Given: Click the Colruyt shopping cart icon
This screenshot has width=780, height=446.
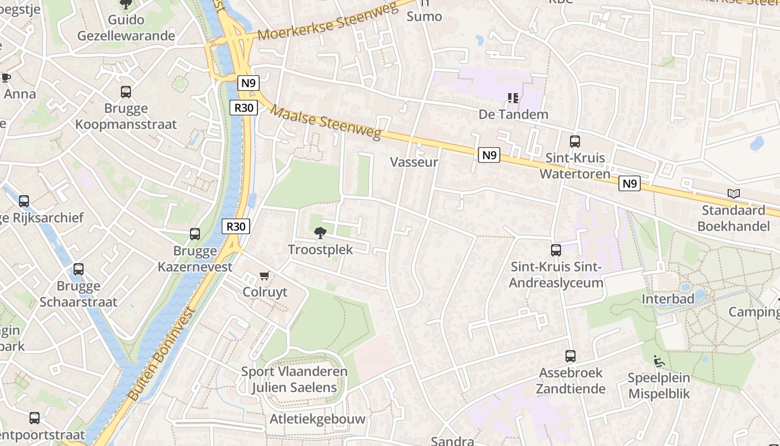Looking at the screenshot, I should (x=265, y=276).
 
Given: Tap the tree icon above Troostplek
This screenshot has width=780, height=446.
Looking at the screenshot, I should (x=320, y=233).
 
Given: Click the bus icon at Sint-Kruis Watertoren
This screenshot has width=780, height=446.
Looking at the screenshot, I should (x=575, y=142).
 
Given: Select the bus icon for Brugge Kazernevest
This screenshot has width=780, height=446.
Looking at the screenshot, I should (x=195, y=234).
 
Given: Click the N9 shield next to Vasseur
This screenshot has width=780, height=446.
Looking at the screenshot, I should (x=489, y=155).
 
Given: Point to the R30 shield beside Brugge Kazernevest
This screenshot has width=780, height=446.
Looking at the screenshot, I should (x=236, y=226).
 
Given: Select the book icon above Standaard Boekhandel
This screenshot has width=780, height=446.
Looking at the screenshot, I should (x=734, y=194).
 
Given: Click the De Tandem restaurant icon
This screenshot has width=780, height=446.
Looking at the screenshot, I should (x=513, y=98).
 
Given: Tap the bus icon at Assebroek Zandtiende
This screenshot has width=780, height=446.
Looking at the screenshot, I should (x=571, y=356).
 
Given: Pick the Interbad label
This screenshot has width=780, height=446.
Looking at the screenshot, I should (x=668, y=299).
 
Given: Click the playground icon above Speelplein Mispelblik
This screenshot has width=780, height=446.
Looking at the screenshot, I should (x=659, y=361).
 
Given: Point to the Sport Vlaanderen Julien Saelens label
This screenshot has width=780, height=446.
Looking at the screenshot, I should (x=294, y=379).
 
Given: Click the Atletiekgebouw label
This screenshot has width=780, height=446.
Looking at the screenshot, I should (x=318, y=419).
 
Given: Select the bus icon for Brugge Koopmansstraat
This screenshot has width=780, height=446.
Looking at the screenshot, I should (x=126, y=92).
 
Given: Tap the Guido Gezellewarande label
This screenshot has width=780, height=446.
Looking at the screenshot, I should (x=126, y=28).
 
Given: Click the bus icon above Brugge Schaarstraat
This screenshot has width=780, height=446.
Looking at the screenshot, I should (x=79, y=269).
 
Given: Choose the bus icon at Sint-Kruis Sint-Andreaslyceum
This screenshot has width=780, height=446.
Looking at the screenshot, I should (x=556, y=250).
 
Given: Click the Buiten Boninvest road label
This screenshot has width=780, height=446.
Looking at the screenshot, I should (x=162, y=352).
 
